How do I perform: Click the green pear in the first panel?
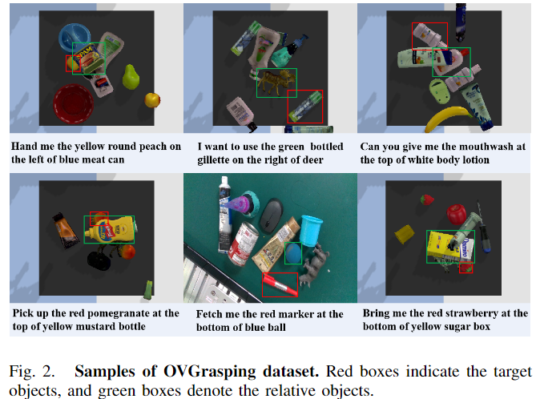pyautogui.click(x=131, y=76)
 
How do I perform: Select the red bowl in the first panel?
pyautogui.click(x=73, y=103)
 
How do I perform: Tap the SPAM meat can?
pyautogui.click(x=89, y=58)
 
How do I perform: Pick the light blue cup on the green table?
pyautogui.click(x=311, y=231)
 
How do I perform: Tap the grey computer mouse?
pyautogui.click(x=271, y=216)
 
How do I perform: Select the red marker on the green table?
pyautogui.click(x=280, y=284)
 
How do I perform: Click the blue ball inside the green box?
pyautogui.click(x=293, y=253)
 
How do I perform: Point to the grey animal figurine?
pyautogui.click(x=313, y=264)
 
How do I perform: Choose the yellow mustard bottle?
pyautogui.click(x=110, y=230)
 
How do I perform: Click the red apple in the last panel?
pyautogui.click(x=457, y=213)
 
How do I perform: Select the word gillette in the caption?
pyautogui.click(x=214, y=160)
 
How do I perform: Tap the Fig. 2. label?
pyautogui.click(x=32, y=372)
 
